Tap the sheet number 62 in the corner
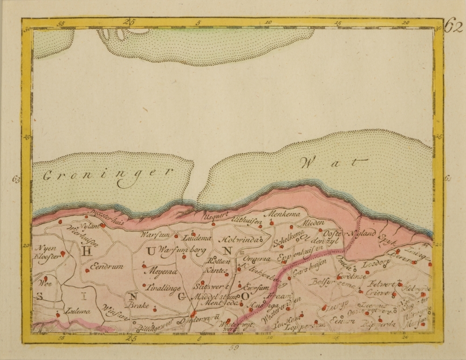(453, 27)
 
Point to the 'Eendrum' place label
(108, 266)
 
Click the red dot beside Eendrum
(87, 270)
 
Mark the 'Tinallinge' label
(163, 288)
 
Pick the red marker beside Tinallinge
(144, 285)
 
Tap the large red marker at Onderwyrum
(193, 313)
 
